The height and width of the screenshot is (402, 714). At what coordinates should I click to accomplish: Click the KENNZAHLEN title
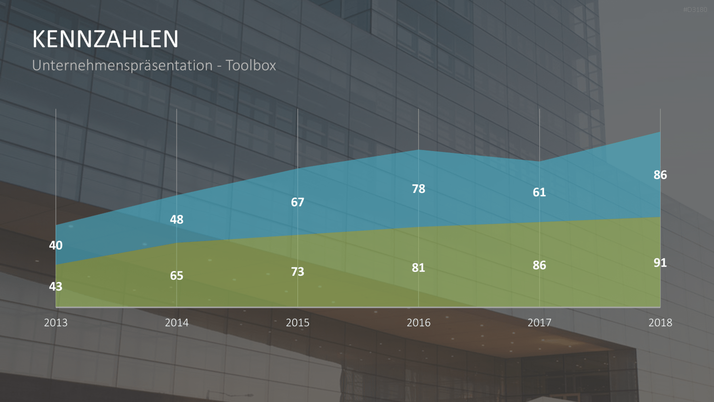click(x=105, y=39)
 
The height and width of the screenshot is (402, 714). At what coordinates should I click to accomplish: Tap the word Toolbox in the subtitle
click(x=250, y=65)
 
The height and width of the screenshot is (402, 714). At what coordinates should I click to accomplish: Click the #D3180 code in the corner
click(x=695, y=10)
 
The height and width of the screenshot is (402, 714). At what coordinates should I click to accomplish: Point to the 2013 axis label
click(x=56, y=322)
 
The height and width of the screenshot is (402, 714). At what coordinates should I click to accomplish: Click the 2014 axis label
click(x=177, y=322)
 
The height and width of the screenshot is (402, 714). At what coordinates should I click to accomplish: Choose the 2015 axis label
click(x=297, y=322)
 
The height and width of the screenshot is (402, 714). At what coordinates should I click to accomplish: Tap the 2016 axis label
click(x=418, y=322)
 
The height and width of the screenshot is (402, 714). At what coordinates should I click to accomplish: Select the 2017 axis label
click(x=539, y=322)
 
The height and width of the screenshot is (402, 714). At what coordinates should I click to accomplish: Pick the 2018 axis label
click(x=660, y=322)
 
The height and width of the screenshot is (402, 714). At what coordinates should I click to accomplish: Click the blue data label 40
click(x=56, y=245)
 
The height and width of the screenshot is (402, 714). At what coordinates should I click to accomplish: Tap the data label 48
click(x=177, y=220)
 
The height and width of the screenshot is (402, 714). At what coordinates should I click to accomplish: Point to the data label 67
click(x=297, y=202)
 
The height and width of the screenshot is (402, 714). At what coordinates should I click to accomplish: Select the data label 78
click(x=418, y=189)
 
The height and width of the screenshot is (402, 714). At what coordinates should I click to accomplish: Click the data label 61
click(x=539, y=192)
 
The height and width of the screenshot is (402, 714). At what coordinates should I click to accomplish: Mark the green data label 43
click(x=56, y=287)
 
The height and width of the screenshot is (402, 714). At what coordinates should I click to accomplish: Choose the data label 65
click(x=177, y=276)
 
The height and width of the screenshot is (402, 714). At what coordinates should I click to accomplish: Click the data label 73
click(x=297, y=272)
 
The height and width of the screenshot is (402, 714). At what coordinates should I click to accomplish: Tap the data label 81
click(x=418, y=268)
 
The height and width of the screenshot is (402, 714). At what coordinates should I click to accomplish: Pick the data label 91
click(x=660, y=263)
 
